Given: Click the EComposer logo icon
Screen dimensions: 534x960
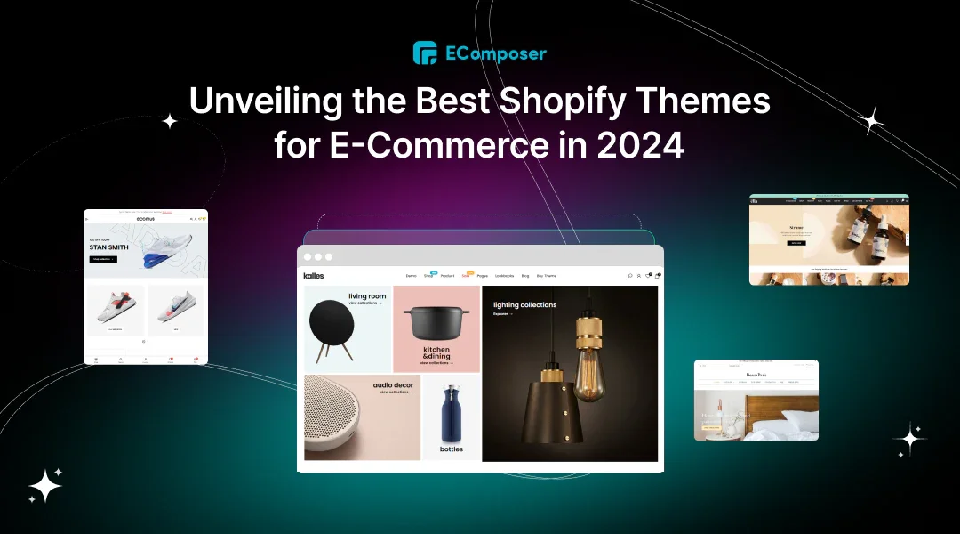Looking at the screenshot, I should (x=425, y=53).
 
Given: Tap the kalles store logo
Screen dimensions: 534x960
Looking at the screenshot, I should (x=314, y=276).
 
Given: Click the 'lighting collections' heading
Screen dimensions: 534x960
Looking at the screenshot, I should (x=524, y=305).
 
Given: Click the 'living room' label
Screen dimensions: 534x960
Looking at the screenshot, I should (x=366, y=296).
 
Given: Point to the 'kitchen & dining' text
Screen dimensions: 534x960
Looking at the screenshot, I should (x=436, y=353).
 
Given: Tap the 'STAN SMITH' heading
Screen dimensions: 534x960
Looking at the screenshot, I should (x=108, y=247).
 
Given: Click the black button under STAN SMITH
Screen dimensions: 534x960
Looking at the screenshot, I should (x=102, y=259).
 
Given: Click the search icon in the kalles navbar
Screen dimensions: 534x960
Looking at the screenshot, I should (x=630, y=276).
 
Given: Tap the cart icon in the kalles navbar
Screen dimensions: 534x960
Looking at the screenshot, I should (x=657, y=276).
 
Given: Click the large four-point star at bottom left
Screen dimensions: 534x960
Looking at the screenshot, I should (x=45, y=485).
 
